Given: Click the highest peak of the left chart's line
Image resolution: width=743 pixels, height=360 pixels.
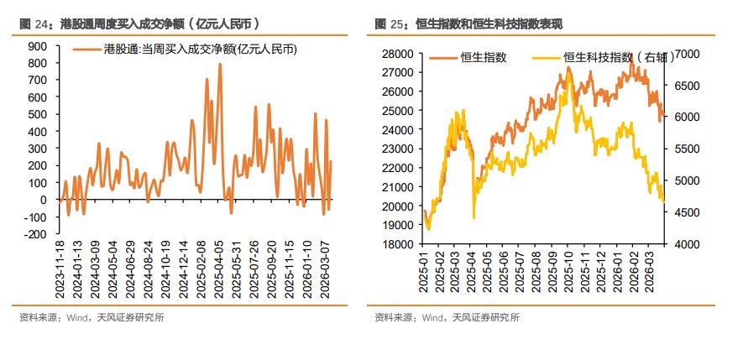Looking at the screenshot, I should pos(220,64).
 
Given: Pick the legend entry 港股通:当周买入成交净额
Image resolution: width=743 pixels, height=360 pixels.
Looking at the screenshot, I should pos(199,50).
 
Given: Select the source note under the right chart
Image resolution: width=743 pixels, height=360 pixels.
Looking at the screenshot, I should pos(447,317).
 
